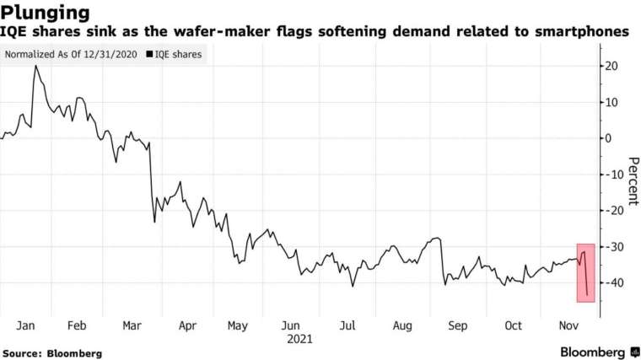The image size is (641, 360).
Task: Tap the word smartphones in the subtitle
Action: click(583, 32)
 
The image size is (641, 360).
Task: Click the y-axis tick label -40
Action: click(613, 282)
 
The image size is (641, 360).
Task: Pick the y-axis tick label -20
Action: click(613, 210)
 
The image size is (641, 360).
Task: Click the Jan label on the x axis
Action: click(26, 325)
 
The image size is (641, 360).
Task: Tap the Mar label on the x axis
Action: click(132, 325)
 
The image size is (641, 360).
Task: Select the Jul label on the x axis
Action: click(345, 325)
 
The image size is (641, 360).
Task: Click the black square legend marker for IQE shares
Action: click(150, 56)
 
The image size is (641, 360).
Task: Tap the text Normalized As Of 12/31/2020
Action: click(71, 56)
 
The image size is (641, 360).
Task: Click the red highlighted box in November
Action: click(586, 272)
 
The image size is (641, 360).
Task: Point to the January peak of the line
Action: click(35, 66)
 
